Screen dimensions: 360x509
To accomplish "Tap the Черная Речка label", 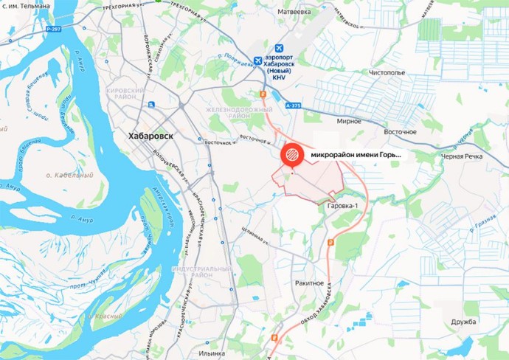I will (x=484, y=157).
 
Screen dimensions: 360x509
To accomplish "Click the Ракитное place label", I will (x=309, y=283).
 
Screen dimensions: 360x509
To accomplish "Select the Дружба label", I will (x=465, y=322).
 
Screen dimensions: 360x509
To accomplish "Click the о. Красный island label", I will (x=103, y=315).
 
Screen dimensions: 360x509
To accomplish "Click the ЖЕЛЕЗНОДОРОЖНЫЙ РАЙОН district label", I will (x=240, y=112).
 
